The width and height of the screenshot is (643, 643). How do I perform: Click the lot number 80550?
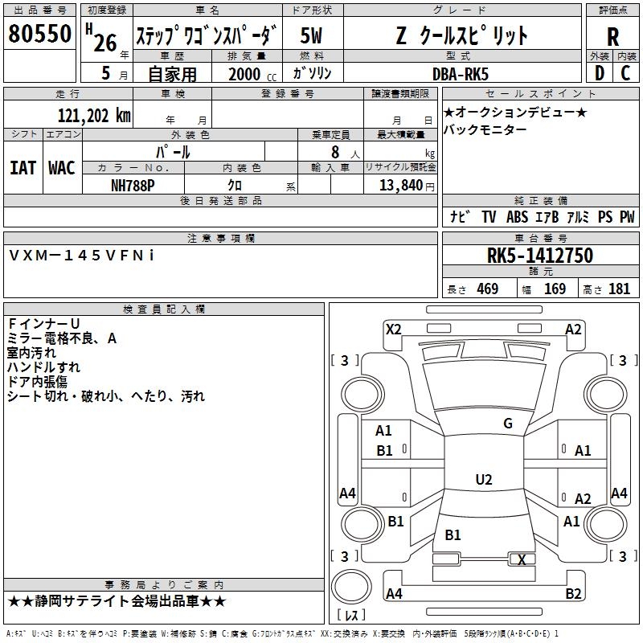[x=39, y=34]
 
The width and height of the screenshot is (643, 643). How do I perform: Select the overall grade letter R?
[x=612, y=37]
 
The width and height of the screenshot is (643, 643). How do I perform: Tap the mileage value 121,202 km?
[x=94, y=116]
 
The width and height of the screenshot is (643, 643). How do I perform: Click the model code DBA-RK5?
[x=461, y=74]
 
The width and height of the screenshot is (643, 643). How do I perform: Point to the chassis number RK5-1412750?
[x=540, y=256]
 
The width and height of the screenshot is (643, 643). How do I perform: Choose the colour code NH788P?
[x=133, y=186]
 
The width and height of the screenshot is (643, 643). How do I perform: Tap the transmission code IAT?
[x=23, y=168]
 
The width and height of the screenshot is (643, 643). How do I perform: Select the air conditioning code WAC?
[x=62, y=168]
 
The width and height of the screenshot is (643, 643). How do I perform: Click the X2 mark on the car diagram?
[x=394, y=330]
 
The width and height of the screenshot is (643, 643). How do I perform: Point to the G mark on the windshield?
[x=508, y=424]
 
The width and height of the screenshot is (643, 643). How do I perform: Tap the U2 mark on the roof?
[x=484, y=479]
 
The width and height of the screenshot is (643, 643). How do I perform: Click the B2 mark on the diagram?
[x=573, y=593]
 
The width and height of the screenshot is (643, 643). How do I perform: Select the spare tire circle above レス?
[x=351, y=587]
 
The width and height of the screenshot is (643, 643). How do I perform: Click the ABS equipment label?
[x=517, y=216]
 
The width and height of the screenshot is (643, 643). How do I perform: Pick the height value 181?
[x=619, y=289]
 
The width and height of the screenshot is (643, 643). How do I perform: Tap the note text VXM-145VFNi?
[x=82, y=256]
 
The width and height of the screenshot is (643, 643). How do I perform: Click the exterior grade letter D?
[x=600, y=73]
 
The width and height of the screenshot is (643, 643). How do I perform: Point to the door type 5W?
[x=311, y=35]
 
